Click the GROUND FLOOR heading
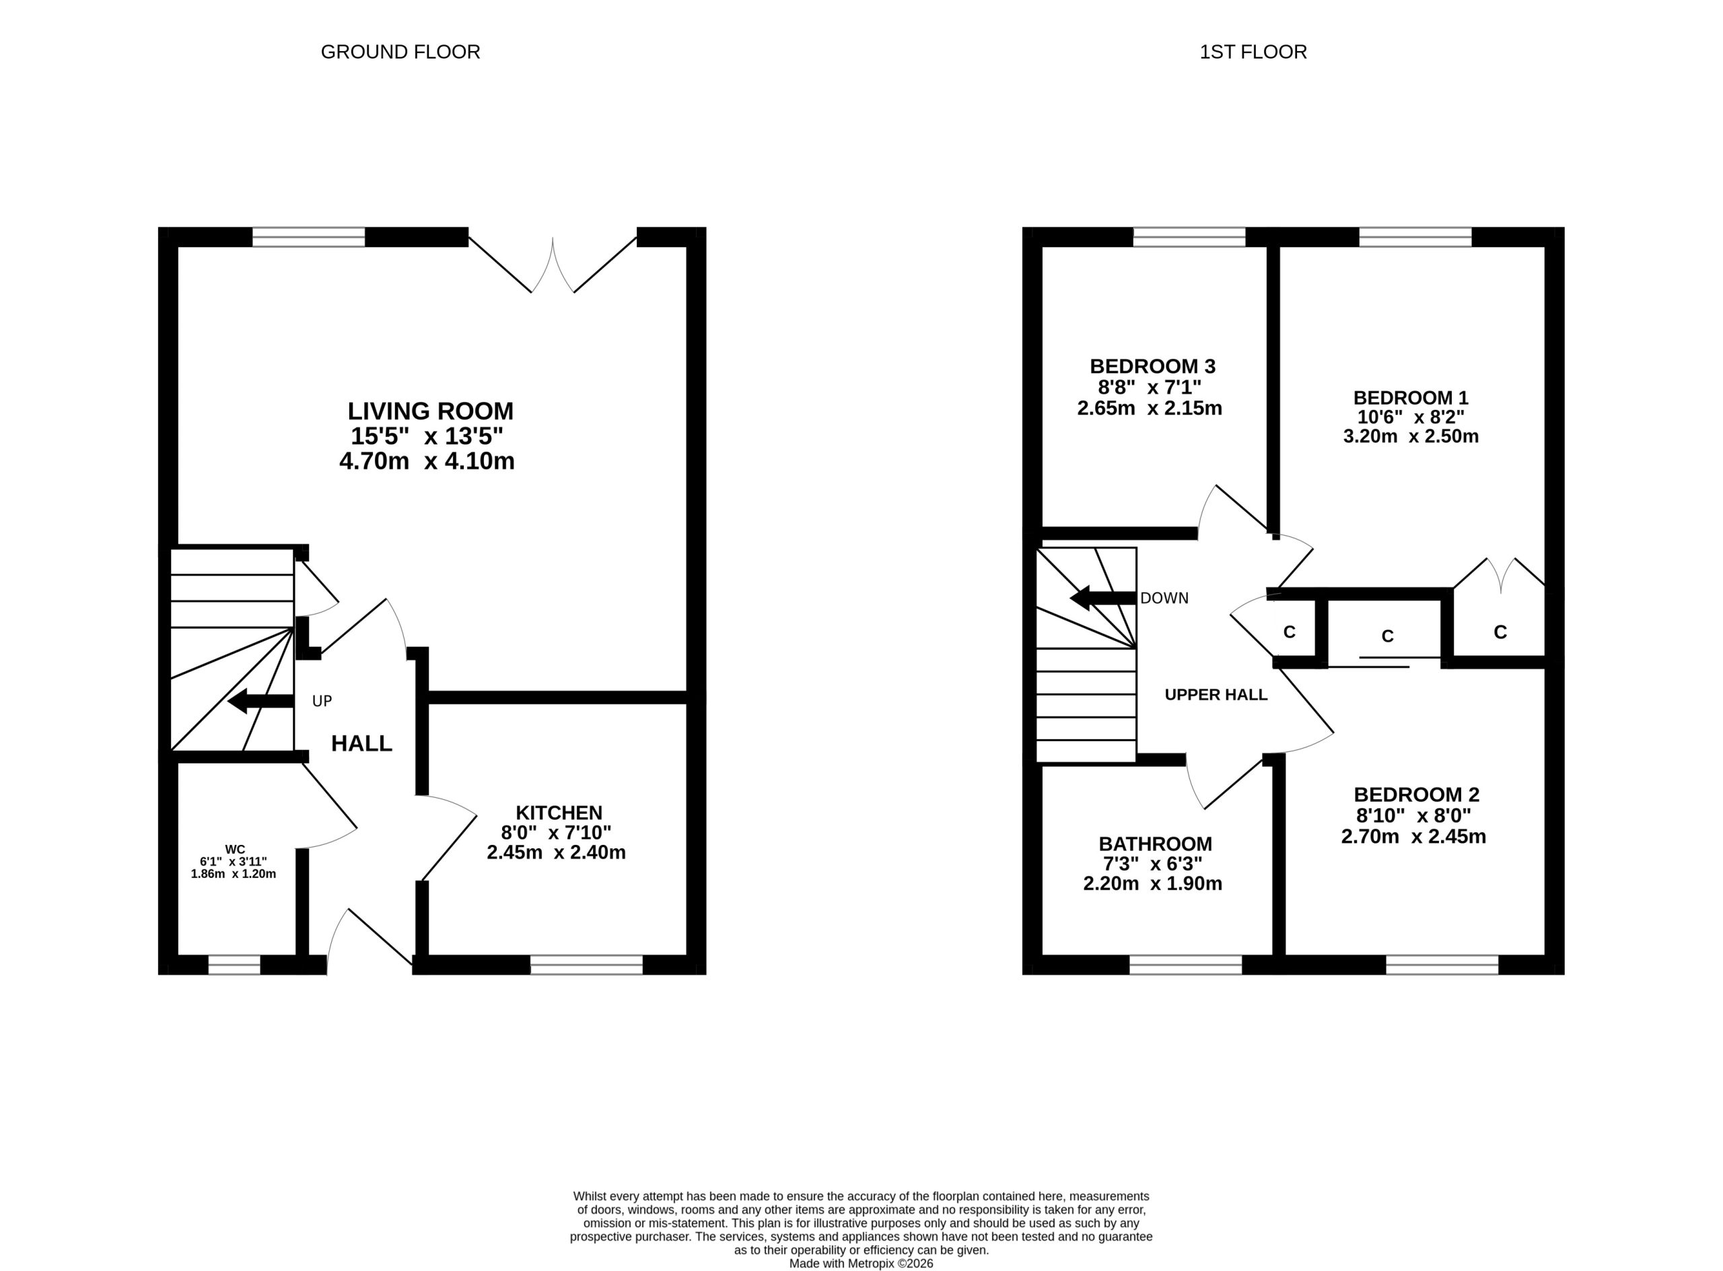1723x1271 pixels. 400,52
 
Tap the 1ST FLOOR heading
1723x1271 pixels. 1253,52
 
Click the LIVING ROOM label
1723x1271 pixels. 430,411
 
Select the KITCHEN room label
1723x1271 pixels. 559,813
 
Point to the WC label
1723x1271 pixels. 236,850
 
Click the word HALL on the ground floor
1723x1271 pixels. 361,743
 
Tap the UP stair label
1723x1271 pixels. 322,701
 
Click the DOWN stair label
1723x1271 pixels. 1164,598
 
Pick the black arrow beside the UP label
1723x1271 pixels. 260,701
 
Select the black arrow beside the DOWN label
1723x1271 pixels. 1103,598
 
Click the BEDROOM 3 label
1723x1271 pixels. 1152,366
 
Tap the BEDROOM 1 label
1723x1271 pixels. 1411,398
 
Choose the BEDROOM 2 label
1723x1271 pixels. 1416,794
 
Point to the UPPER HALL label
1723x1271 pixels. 1216,695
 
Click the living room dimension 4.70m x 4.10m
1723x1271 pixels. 427,462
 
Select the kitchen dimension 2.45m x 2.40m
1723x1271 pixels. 556,852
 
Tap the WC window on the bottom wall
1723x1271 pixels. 235,965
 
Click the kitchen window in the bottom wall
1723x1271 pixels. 586,965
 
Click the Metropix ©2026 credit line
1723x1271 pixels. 861,1264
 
